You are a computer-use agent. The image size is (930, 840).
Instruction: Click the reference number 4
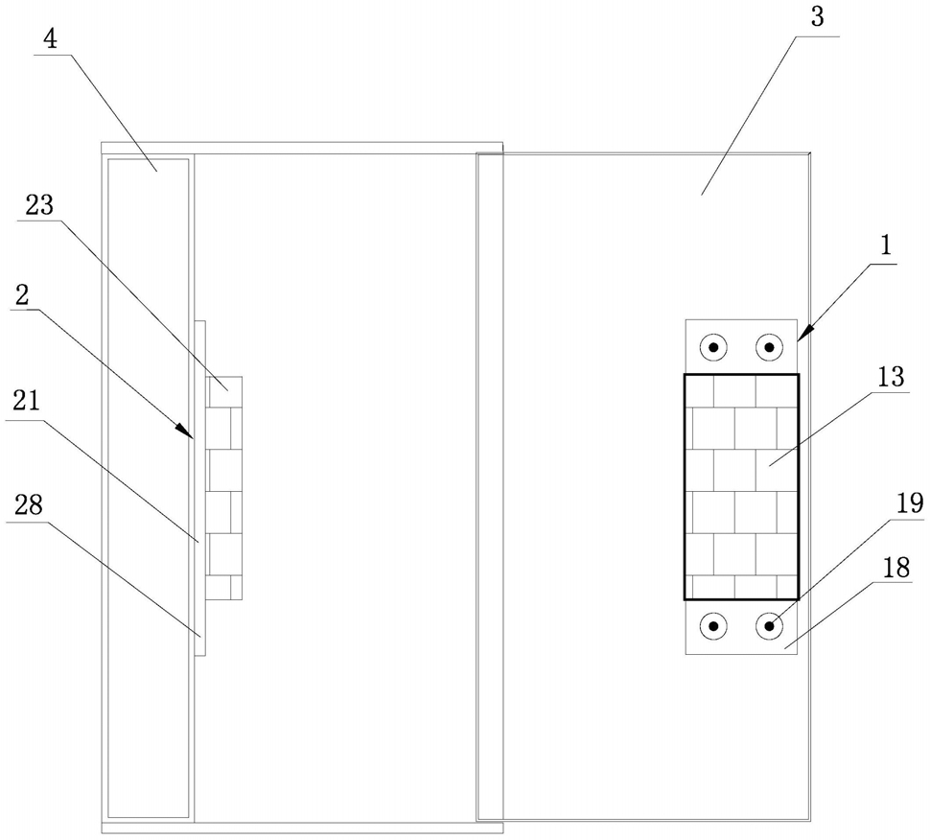[51, 39]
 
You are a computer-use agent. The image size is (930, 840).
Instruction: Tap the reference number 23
[39, 205]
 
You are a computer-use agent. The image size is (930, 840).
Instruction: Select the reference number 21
[27, 401]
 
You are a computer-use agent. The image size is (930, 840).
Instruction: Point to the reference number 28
[29, 505]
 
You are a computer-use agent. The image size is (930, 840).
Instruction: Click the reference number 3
[817, 17]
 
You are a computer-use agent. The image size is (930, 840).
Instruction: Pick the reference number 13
[891, 377]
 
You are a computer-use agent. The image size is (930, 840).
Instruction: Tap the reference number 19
[909, 503]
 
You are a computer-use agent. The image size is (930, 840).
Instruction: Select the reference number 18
[895, 569]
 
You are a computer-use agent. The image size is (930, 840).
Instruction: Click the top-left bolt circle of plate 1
[713, 347]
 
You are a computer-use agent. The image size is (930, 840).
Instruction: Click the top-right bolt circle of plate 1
[769, 347]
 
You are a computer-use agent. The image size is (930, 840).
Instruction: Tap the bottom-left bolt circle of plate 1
[713, 626]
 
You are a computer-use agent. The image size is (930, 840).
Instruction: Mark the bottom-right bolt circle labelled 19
[769, 626]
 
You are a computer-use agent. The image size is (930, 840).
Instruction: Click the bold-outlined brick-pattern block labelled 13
[741, 486]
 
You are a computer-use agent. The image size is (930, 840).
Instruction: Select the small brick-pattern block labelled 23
[223, 488]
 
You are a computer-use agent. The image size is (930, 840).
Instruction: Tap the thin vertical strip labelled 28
[199, 488]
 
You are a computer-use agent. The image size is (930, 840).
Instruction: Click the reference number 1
[886, 245]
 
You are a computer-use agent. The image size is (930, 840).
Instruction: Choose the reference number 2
[23, 296]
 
